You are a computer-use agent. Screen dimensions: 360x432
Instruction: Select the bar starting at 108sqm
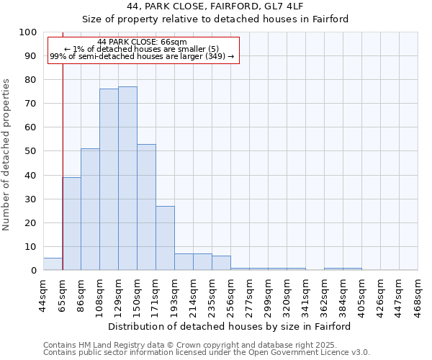pyautogui.click(x=109, y=179)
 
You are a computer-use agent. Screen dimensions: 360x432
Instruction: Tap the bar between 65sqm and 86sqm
pyautogui.click(x=71, y=223)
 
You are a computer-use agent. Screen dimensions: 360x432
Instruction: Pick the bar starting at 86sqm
pyautogui.click(x=90, y=209)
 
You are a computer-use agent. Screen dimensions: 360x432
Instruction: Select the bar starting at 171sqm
pyautogui.click(x=165, y=238)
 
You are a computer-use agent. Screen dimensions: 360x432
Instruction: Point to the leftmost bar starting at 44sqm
pyautogui.click(x=53, y=264)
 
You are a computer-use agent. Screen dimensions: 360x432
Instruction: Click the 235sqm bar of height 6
pyautogui.click(x=221, y=263)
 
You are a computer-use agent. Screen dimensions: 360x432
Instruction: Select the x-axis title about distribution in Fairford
pyautogui.click(x=229, y=326)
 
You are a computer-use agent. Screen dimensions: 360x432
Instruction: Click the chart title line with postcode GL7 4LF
pyautogui.click(x=215, y=6)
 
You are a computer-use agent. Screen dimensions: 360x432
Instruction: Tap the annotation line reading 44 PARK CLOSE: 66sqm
pyautogui.click(x=142, y=42)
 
